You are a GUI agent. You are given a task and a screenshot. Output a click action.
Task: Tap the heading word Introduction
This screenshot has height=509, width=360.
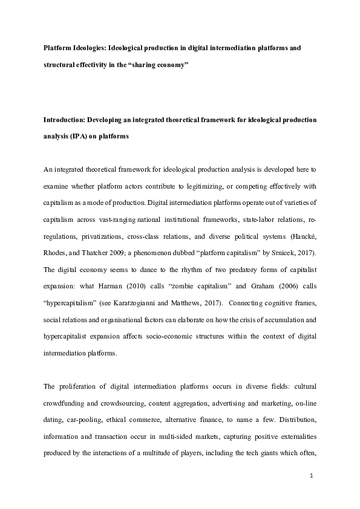(x=65, y=121)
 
